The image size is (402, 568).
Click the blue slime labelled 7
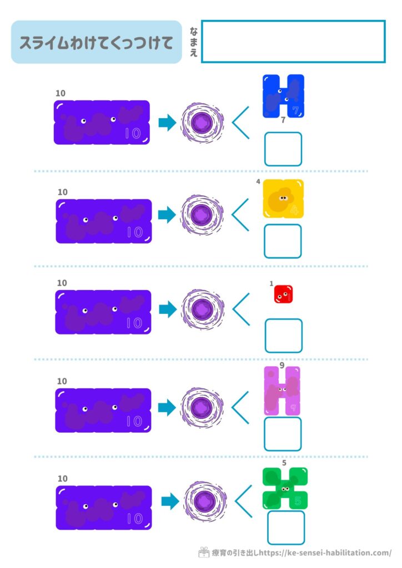[283, 97]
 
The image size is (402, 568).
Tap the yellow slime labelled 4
[283, 199]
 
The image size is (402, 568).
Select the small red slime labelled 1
[283, 294]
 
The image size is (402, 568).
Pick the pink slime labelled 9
[282, 390]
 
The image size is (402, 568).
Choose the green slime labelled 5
[285, 488]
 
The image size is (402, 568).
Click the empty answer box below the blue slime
[283, 149]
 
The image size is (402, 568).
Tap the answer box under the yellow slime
[283, 241]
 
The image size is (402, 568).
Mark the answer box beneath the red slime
[283, 336]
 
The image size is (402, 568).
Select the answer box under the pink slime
[283, 434]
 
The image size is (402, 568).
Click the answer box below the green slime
[286, 528]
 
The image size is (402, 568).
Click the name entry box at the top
[293, 42]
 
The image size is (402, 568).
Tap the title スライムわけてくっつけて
[97, 43]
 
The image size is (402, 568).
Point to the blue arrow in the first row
[167, 123]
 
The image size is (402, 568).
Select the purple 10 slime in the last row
[104, 508]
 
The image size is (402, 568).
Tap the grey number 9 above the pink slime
[282, 366]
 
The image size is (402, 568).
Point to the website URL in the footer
[325, 553]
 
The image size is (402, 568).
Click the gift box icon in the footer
[204, 552]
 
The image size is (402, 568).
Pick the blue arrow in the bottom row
[170, 502]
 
